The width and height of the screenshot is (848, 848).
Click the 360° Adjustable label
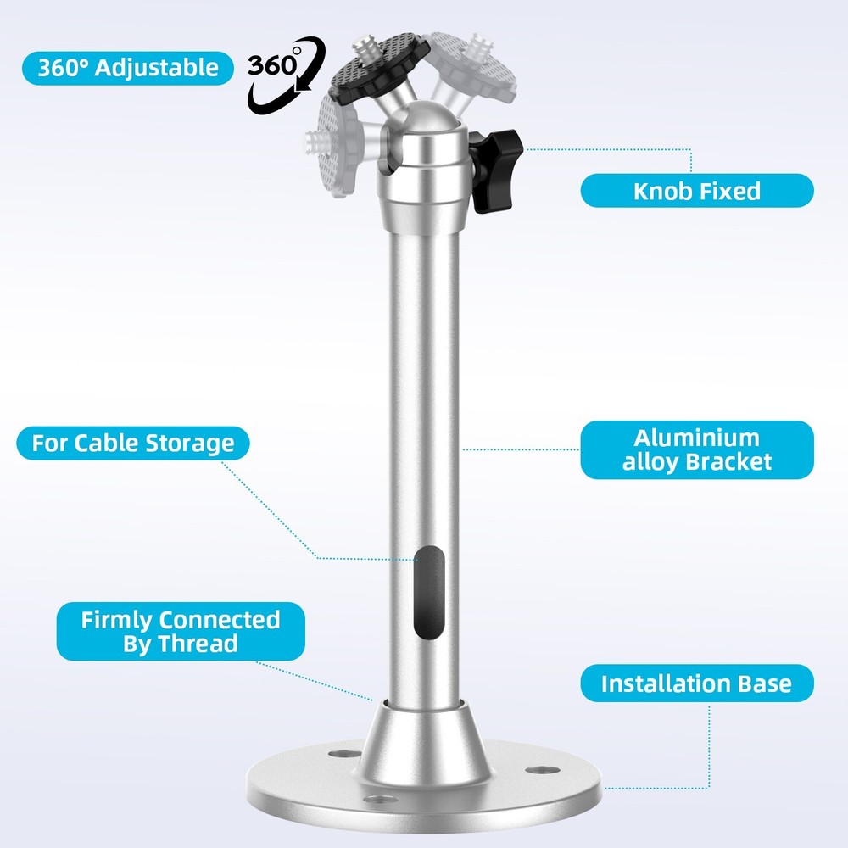click(x=128, y=68)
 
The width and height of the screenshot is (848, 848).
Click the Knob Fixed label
click(x=696, y=191)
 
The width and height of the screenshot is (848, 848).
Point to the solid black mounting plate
click(x=381, y=68)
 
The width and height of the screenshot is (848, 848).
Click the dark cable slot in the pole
click(x=429, y=593)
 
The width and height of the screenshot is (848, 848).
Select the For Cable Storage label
click(x=133, y=443)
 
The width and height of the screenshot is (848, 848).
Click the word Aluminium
click(x=696, y=438)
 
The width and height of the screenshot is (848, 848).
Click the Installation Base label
click(x=696, y=683)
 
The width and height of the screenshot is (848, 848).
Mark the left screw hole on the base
click(x=345, y=753)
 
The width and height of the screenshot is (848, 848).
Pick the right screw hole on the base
click(x=543, y=770)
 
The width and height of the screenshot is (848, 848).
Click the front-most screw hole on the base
click(x=381, y=799)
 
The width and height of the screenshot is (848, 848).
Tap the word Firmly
click(x=117, y=621)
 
